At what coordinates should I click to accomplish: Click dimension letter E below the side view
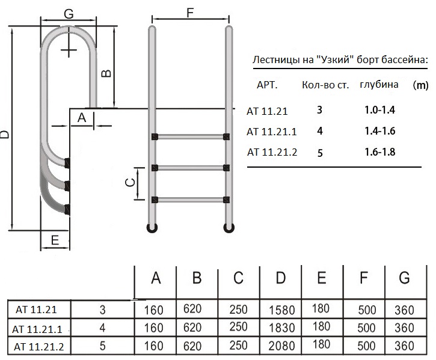(54, 240)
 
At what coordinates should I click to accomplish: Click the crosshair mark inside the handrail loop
(70, 47)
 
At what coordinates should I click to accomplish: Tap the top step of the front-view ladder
(190, 136)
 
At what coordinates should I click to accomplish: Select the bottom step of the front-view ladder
(190, 199)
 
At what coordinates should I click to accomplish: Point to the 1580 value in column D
(280, 311)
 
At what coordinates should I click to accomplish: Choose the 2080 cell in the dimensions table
(280, 346)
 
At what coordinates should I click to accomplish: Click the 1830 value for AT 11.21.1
(280, 328)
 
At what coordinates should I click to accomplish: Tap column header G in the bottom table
(404, 278)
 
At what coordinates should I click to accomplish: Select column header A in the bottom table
(156, 278)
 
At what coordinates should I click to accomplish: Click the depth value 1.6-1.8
(379, 151)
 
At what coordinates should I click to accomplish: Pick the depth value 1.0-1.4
(379, 110)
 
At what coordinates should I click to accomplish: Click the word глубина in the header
(379, 84)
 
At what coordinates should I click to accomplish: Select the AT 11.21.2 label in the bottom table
(38, 346)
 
